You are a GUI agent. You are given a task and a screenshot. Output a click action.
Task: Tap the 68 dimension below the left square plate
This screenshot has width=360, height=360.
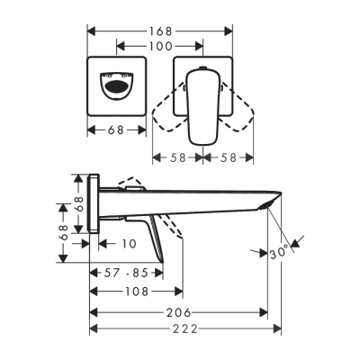(116, 130)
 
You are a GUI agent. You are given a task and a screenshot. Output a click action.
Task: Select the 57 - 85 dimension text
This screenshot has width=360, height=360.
(126, 272)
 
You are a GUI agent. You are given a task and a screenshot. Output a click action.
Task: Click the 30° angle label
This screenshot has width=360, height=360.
(281, 255)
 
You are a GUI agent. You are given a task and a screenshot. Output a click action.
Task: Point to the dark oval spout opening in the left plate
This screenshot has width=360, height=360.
(116, 88)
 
